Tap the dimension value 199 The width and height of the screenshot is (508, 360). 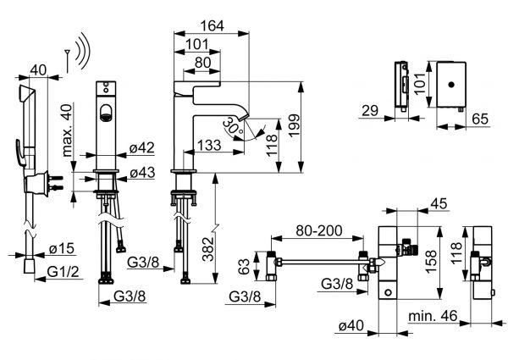(x=314, y=126)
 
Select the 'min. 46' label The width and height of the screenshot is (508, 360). (x=434, y=316)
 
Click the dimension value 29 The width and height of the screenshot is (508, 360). (x=367, y=109)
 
